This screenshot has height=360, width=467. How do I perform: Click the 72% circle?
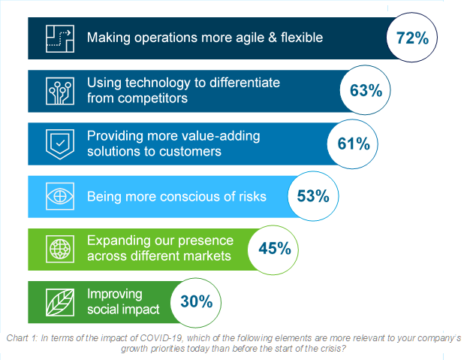(412, 38)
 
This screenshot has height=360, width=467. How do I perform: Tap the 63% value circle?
(366, 90)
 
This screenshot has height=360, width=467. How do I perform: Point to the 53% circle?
(312, 197)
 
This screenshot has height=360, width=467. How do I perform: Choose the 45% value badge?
(275, 248)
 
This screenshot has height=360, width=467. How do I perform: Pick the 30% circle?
(196, 302)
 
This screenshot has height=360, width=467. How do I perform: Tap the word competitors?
(153, 98)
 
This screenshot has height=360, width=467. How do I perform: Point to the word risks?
(248, 197)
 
